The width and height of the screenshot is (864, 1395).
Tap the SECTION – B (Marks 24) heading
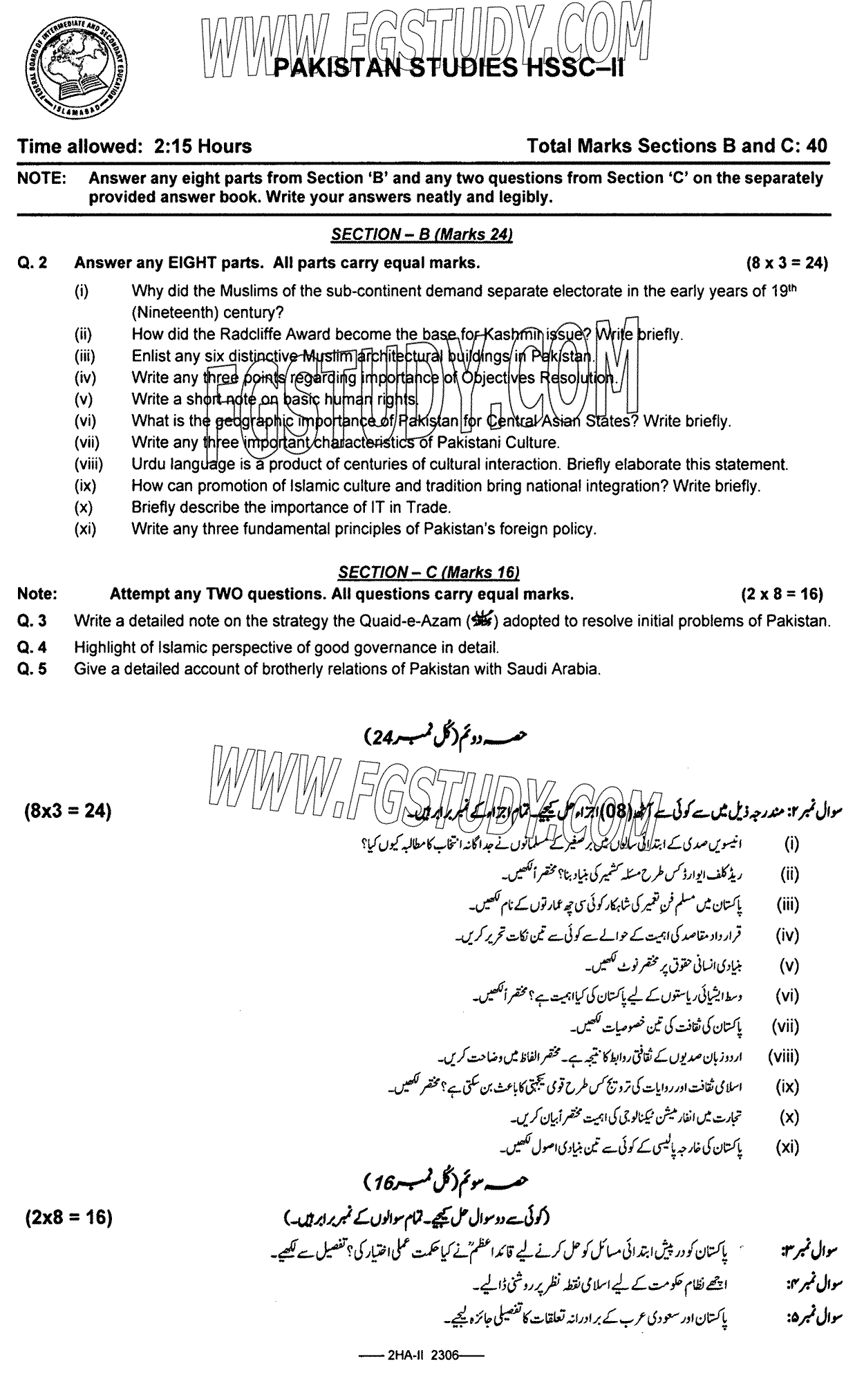point(422,234)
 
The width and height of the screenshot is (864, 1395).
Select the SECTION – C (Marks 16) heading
point(429,572)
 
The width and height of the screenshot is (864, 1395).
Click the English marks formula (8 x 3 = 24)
point(787,263)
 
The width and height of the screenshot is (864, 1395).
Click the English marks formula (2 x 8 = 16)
point(782,594)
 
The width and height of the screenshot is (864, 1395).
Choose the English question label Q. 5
point(32,668)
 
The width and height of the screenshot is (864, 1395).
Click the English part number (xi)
point(85,530)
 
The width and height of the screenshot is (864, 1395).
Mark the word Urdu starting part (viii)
point(148,465)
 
